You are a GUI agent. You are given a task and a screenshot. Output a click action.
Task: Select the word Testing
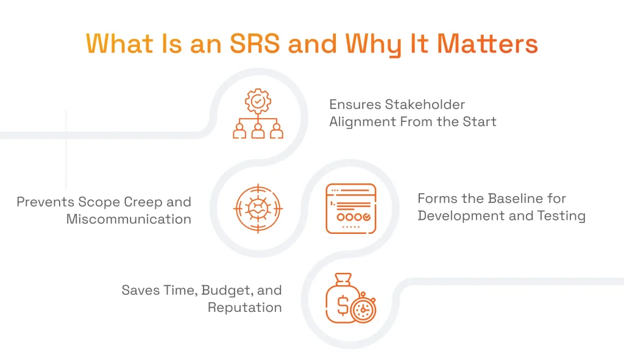(561, 216)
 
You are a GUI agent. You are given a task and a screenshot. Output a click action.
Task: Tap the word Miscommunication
(129, 219)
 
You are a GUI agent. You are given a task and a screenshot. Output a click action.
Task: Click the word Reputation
(244, 307)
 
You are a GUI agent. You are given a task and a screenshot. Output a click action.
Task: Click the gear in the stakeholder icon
(258, 101)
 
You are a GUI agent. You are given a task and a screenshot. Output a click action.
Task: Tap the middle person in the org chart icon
(258, 130)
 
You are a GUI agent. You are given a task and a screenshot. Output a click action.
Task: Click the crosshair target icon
(258, 209)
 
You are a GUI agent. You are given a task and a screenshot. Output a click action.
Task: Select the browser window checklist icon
(350, 208)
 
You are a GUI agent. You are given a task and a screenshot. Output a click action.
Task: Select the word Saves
(140, 290)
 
